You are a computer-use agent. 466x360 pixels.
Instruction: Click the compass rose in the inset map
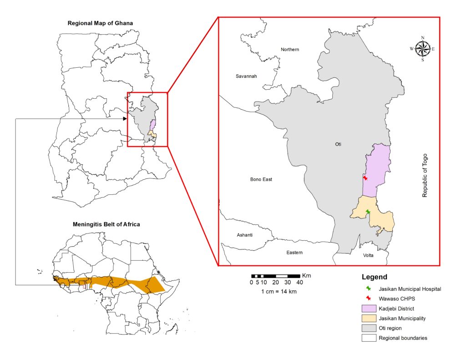(422, 48)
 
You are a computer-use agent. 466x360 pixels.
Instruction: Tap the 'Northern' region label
(290, 50)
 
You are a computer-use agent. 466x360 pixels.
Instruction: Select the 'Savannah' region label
(246, 76)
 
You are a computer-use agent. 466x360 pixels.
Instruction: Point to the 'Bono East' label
(261, 180)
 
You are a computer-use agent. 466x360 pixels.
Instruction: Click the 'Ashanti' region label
(244, 235)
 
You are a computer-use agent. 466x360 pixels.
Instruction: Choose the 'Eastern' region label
(294, 253)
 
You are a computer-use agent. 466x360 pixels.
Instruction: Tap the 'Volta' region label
(368, 255)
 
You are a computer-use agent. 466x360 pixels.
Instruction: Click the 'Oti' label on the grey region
(338, 145)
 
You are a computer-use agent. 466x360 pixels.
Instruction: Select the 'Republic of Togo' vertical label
(425, 175)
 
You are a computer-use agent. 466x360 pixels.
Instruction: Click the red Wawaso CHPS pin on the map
(365, 178)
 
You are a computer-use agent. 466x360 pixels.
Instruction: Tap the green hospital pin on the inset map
(368, 212)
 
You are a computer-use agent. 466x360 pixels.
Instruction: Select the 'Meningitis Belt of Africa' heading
(106, 224)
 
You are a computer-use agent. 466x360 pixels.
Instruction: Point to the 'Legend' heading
(375, 277)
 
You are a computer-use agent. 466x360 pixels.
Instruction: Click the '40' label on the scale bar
(299, 282)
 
